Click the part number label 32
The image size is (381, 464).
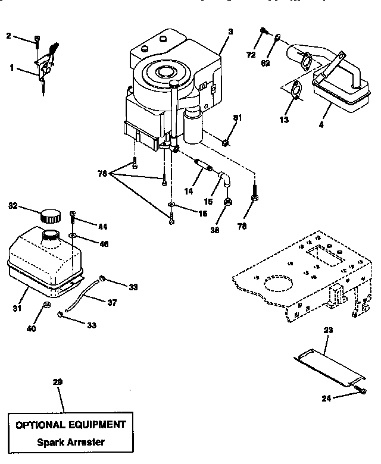[13, 206]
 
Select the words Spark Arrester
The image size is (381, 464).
[70, 442]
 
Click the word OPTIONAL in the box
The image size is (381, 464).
[37, 425]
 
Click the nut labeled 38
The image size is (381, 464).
[228, 202]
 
